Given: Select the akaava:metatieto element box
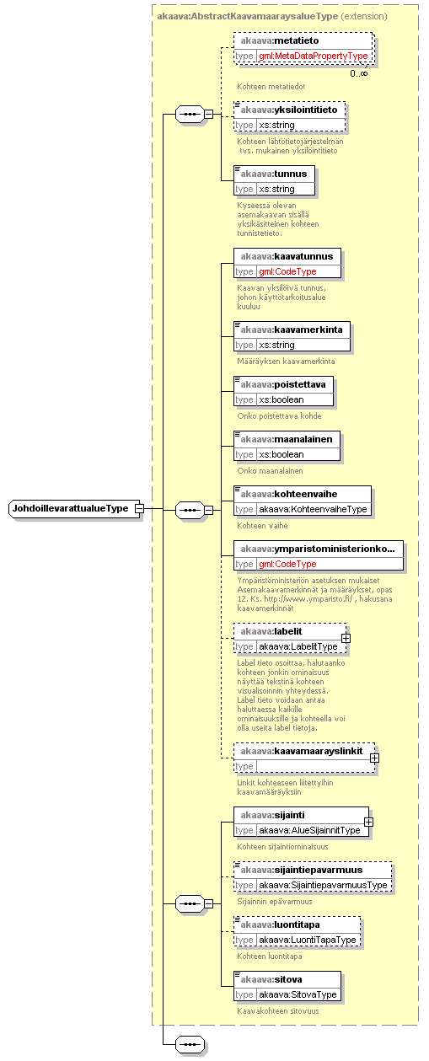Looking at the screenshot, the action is coord(303,48).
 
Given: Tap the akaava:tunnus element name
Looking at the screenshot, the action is coord(274,174).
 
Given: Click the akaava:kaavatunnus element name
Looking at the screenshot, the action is coord(287,256).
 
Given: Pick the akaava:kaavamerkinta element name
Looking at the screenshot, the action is coord(292,330).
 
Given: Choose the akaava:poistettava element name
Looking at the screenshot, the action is coord(282,384).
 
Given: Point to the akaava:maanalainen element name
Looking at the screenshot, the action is coord(286,439).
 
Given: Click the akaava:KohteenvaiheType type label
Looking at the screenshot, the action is coord(313,509).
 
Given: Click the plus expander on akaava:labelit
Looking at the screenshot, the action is coord(346,639).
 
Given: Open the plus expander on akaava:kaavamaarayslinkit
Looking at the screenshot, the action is coord(374,758).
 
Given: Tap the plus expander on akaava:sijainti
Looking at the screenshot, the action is coord(368,823).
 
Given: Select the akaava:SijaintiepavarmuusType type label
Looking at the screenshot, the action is coord(323,885).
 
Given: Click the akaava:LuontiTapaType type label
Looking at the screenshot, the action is coord(308,940).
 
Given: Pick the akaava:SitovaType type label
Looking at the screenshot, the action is coord(298,994).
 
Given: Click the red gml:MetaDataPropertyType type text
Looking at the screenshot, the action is coord(313,56).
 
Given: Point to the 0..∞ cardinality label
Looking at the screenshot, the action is coord(358,73).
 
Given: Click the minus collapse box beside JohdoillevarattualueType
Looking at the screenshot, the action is coord(139,508).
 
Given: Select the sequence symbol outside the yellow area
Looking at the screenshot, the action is coord(190,1044).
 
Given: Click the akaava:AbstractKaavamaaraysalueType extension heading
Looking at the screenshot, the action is coord(271,16).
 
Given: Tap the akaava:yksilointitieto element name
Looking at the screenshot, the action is coord(289,110).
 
